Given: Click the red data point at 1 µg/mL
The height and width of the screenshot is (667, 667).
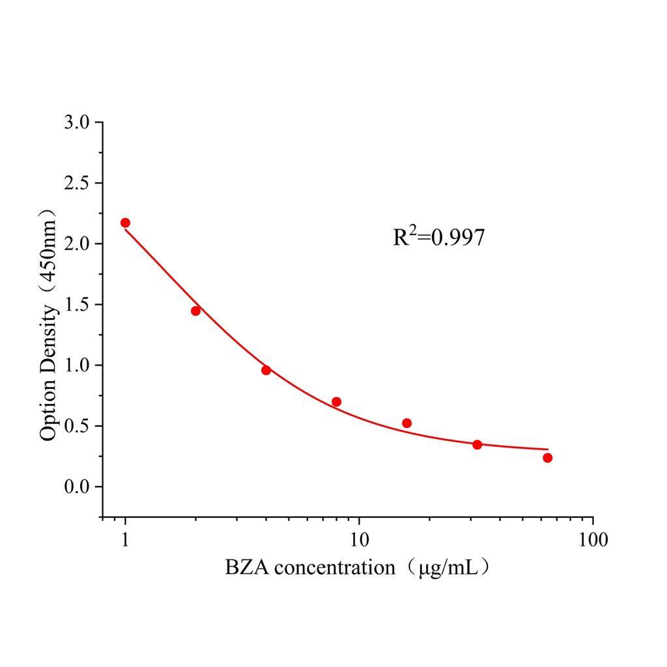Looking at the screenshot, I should coord(125,223).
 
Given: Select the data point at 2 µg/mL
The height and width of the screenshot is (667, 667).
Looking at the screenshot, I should coord(195,311).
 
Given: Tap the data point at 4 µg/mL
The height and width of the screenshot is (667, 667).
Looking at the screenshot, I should coord(266,370).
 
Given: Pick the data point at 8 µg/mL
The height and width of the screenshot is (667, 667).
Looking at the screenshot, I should coord(336,402).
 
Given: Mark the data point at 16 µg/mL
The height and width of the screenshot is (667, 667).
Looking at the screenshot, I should coord(407,423).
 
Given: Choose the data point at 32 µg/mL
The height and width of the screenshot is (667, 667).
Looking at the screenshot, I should coord(477,445).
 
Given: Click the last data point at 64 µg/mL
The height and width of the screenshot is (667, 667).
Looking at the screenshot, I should coord(548,458).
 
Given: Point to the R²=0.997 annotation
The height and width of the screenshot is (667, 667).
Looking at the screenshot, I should coord(438,238).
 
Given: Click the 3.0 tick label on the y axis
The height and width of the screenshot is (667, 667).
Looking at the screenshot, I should coord(79,122).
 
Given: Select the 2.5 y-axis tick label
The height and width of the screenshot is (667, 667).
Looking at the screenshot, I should coord(79,183).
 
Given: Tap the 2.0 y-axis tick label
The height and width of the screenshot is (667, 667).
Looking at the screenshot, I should coord(79,244).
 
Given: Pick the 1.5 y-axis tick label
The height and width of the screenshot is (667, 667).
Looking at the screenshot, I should coord(79,305).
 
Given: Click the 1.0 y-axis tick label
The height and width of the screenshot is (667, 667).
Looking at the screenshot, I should coord(79,365).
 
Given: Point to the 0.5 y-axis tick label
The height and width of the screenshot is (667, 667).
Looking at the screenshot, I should coord(79,426).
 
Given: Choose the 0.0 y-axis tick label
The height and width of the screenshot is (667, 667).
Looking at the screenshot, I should coord(79,487).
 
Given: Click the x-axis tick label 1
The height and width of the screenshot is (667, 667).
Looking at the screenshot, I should coord(125,540).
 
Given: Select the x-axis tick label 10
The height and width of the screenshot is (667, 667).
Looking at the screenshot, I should coord(359,540).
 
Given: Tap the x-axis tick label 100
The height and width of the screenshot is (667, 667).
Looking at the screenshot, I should coord(593,540).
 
